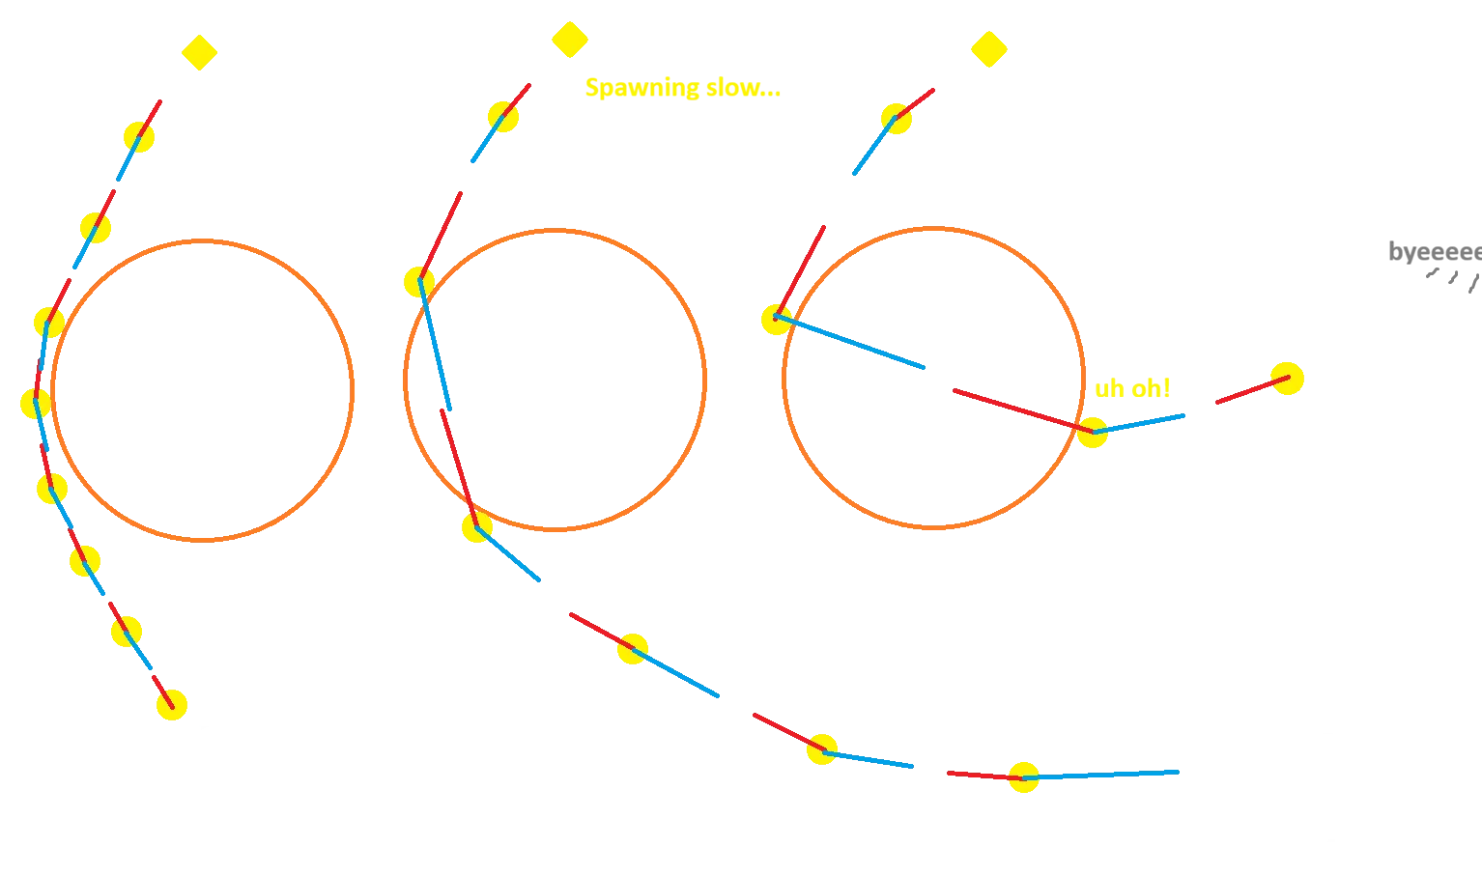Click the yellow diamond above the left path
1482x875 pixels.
[x=198, y=53]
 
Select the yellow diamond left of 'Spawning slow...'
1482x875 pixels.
[x=569, y=39]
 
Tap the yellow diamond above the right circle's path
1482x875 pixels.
[x=988, y=49]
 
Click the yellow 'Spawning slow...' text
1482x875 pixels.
[x=680, y=90]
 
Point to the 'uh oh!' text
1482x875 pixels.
[x=1131, y=389]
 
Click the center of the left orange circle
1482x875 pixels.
[x=204, y=390]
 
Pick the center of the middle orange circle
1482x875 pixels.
[x=556, y=380]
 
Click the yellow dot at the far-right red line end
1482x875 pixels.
[x=1287, y=378]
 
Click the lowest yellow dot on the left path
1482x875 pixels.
[x=172, y=705]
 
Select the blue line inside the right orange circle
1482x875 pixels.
[x=850, y=342]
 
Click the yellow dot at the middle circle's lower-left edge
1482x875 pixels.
[x=475, y=527]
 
